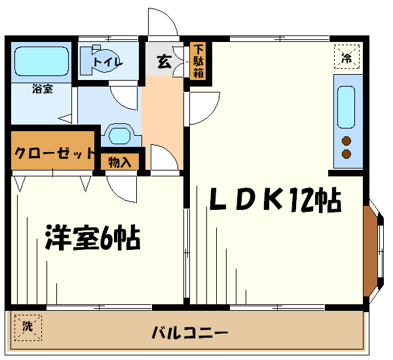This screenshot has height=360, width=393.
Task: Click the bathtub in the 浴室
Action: [41, 61]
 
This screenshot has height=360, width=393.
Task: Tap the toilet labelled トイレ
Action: [100, 60]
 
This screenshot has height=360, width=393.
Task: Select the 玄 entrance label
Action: [164, 62]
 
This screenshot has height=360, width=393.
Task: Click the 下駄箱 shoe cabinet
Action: [198, 61]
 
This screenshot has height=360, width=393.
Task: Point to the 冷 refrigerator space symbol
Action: [347, 56]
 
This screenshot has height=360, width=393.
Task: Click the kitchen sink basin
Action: [346, 107]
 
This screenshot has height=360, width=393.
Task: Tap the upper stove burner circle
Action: [346, 141]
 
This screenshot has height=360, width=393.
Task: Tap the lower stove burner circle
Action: [346, 154]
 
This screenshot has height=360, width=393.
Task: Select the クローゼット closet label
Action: [54, 153]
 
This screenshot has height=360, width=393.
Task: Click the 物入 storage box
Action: [120, 161]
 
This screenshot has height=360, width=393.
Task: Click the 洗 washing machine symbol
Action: [28, 327]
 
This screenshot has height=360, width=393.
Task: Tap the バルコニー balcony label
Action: [190, 332]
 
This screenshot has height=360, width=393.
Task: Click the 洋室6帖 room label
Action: [92, 237]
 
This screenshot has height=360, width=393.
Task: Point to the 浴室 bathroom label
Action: [43, 89]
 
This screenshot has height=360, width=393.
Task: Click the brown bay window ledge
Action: [370, 251]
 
